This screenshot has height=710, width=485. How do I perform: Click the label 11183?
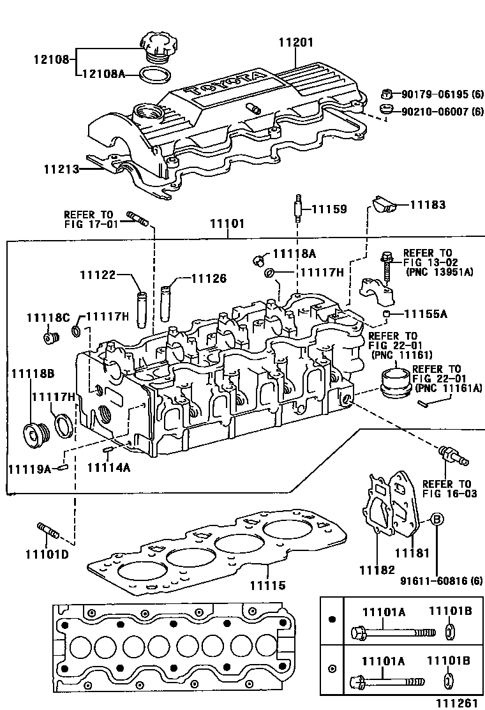tap(427, 205)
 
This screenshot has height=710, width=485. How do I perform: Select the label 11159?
tap(329, 209)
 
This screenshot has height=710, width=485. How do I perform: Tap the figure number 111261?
tap(456, 703)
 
